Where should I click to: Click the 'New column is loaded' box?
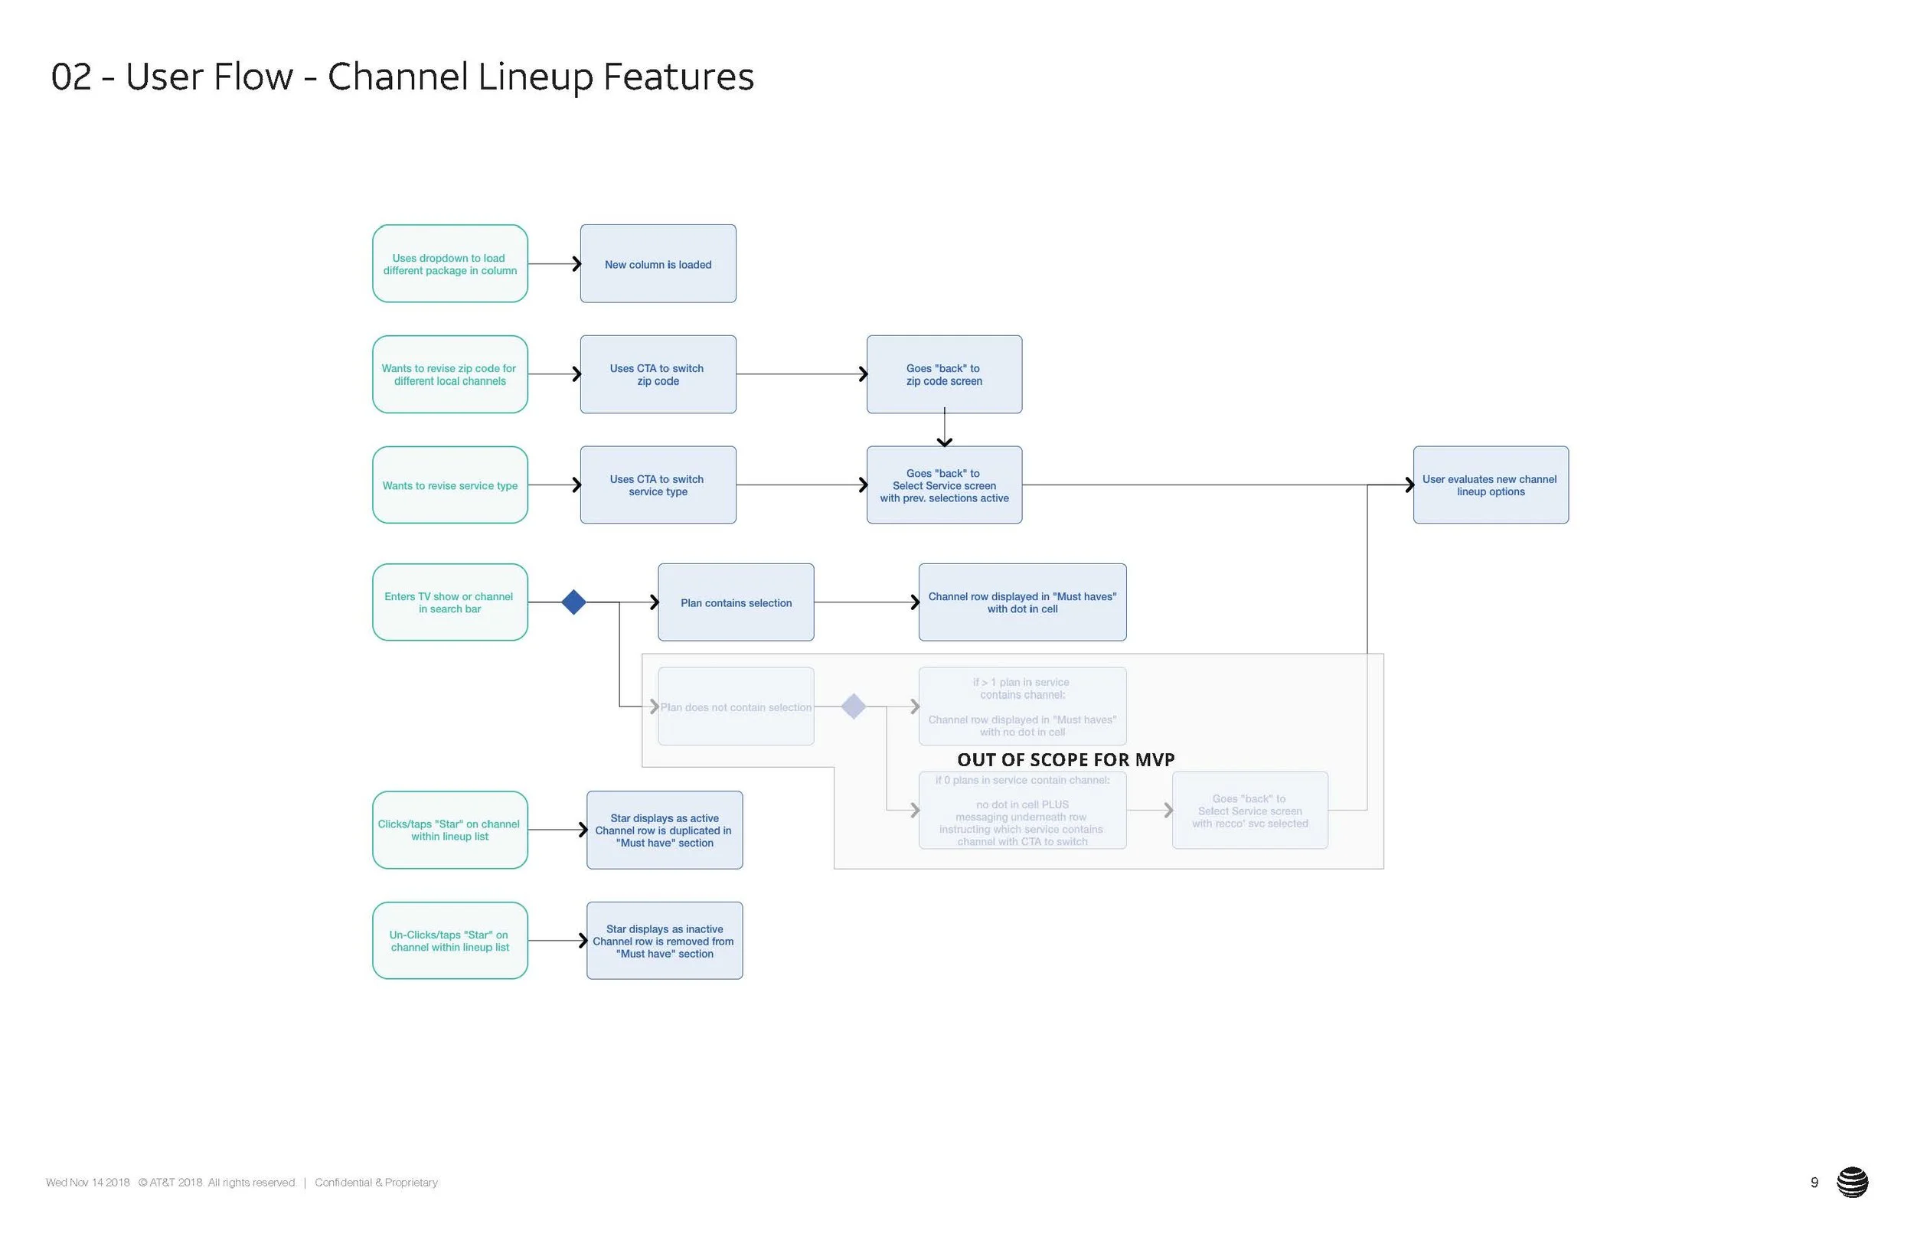658,264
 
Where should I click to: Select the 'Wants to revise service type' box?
449,485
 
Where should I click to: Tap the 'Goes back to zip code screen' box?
944,375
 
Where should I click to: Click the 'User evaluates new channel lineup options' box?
1490,485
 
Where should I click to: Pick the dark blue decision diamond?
573,602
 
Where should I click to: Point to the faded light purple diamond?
853,706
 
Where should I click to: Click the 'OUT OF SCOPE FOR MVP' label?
1066,759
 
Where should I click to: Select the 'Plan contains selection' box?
736,602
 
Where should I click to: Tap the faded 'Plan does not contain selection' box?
736,706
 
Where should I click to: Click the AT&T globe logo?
1852,1182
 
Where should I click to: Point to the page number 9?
1814,1182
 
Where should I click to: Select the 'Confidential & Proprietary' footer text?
376,1182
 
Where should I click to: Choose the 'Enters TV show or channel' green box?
449,602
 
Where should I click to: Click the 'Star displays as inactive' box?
665,941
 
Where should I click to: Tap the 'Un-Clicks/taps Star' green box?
449,941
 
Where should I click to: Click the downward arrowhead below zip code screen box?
944,441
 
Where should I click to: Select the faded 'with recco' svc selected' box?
1249,811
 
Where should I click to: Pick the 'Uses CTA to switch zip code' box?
658,375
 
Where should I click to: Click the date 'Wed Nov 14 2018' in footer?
87,1182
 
